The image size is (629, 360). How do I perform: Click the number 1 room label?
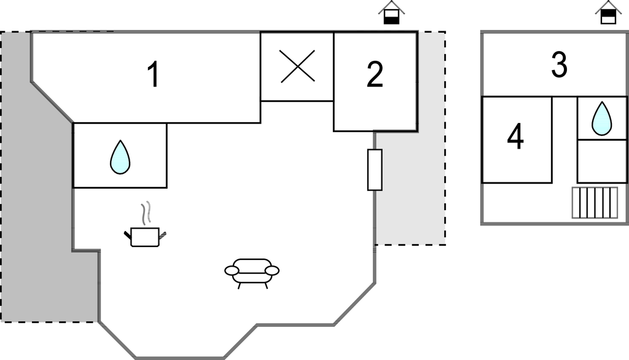(x=153, y=75)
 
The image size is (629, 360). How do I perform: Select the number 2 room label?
(x=375, y=75)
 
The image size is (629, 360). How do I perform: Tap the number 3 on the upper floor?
(x=559, y=66)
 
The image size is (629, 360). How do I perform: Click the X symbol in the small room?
(x=297, y=66)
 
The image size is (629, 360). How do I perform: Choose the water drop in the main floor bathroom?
(x=120, y=157)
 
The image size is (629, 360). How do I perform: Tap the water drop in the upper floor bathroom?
(x=601, y=119)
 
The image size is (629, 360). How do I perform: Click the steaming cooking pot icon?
(x=146, y=236)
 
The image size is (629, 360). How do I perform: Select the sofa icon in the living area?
(x=252, y=271)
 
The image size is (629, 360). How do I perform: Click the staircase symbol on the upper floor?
(x=595, y=203)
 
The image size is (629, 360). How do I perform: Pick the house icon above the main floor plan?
(x=391, y=14)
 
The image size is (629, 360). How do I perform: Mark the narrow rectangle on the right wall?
(x=375, y=170)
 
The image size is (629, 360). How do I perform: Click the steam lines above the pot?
(x=146, y=214)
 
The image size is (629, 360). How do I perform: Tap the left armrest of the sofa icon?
(x=232, y=270)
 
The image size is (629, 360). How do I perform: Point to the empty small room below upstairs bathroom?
(x=601, y=161)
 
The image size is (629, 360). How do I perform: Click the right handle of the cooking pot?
(x=163, y=234)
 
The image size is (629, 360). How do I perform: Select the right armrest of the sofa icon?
(x=272, y=270)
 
